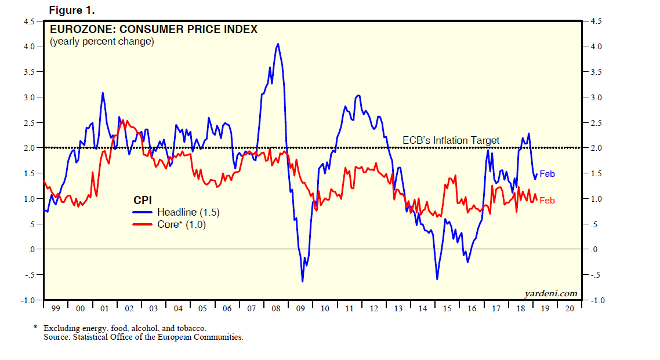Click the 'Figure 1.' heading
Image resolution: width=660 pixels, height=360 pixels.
pos(72,10)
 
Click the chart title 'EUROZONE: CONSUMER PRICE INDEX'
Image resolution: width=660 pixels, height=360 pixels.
pos(154,30)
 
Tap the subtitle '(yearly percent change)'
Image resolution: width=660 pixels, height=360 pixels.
pos(101,42)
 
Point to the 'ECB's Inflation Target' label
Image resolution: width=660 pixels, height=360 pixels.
pos(451,140)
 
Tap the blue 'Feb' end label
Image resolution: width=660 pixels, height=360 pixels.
pos(547,174)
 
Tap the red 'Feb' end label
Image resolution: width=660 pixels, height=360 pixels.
pos(547,201)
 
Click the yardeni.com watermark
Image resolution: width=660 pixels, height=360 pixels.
pos(550,293)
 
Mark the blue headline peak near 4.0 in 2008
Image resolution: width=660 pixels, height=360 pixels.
pos(278,44)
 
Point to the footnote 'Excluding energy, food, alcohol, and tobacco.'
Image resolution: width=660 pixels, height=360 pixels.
pos(125,328)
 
